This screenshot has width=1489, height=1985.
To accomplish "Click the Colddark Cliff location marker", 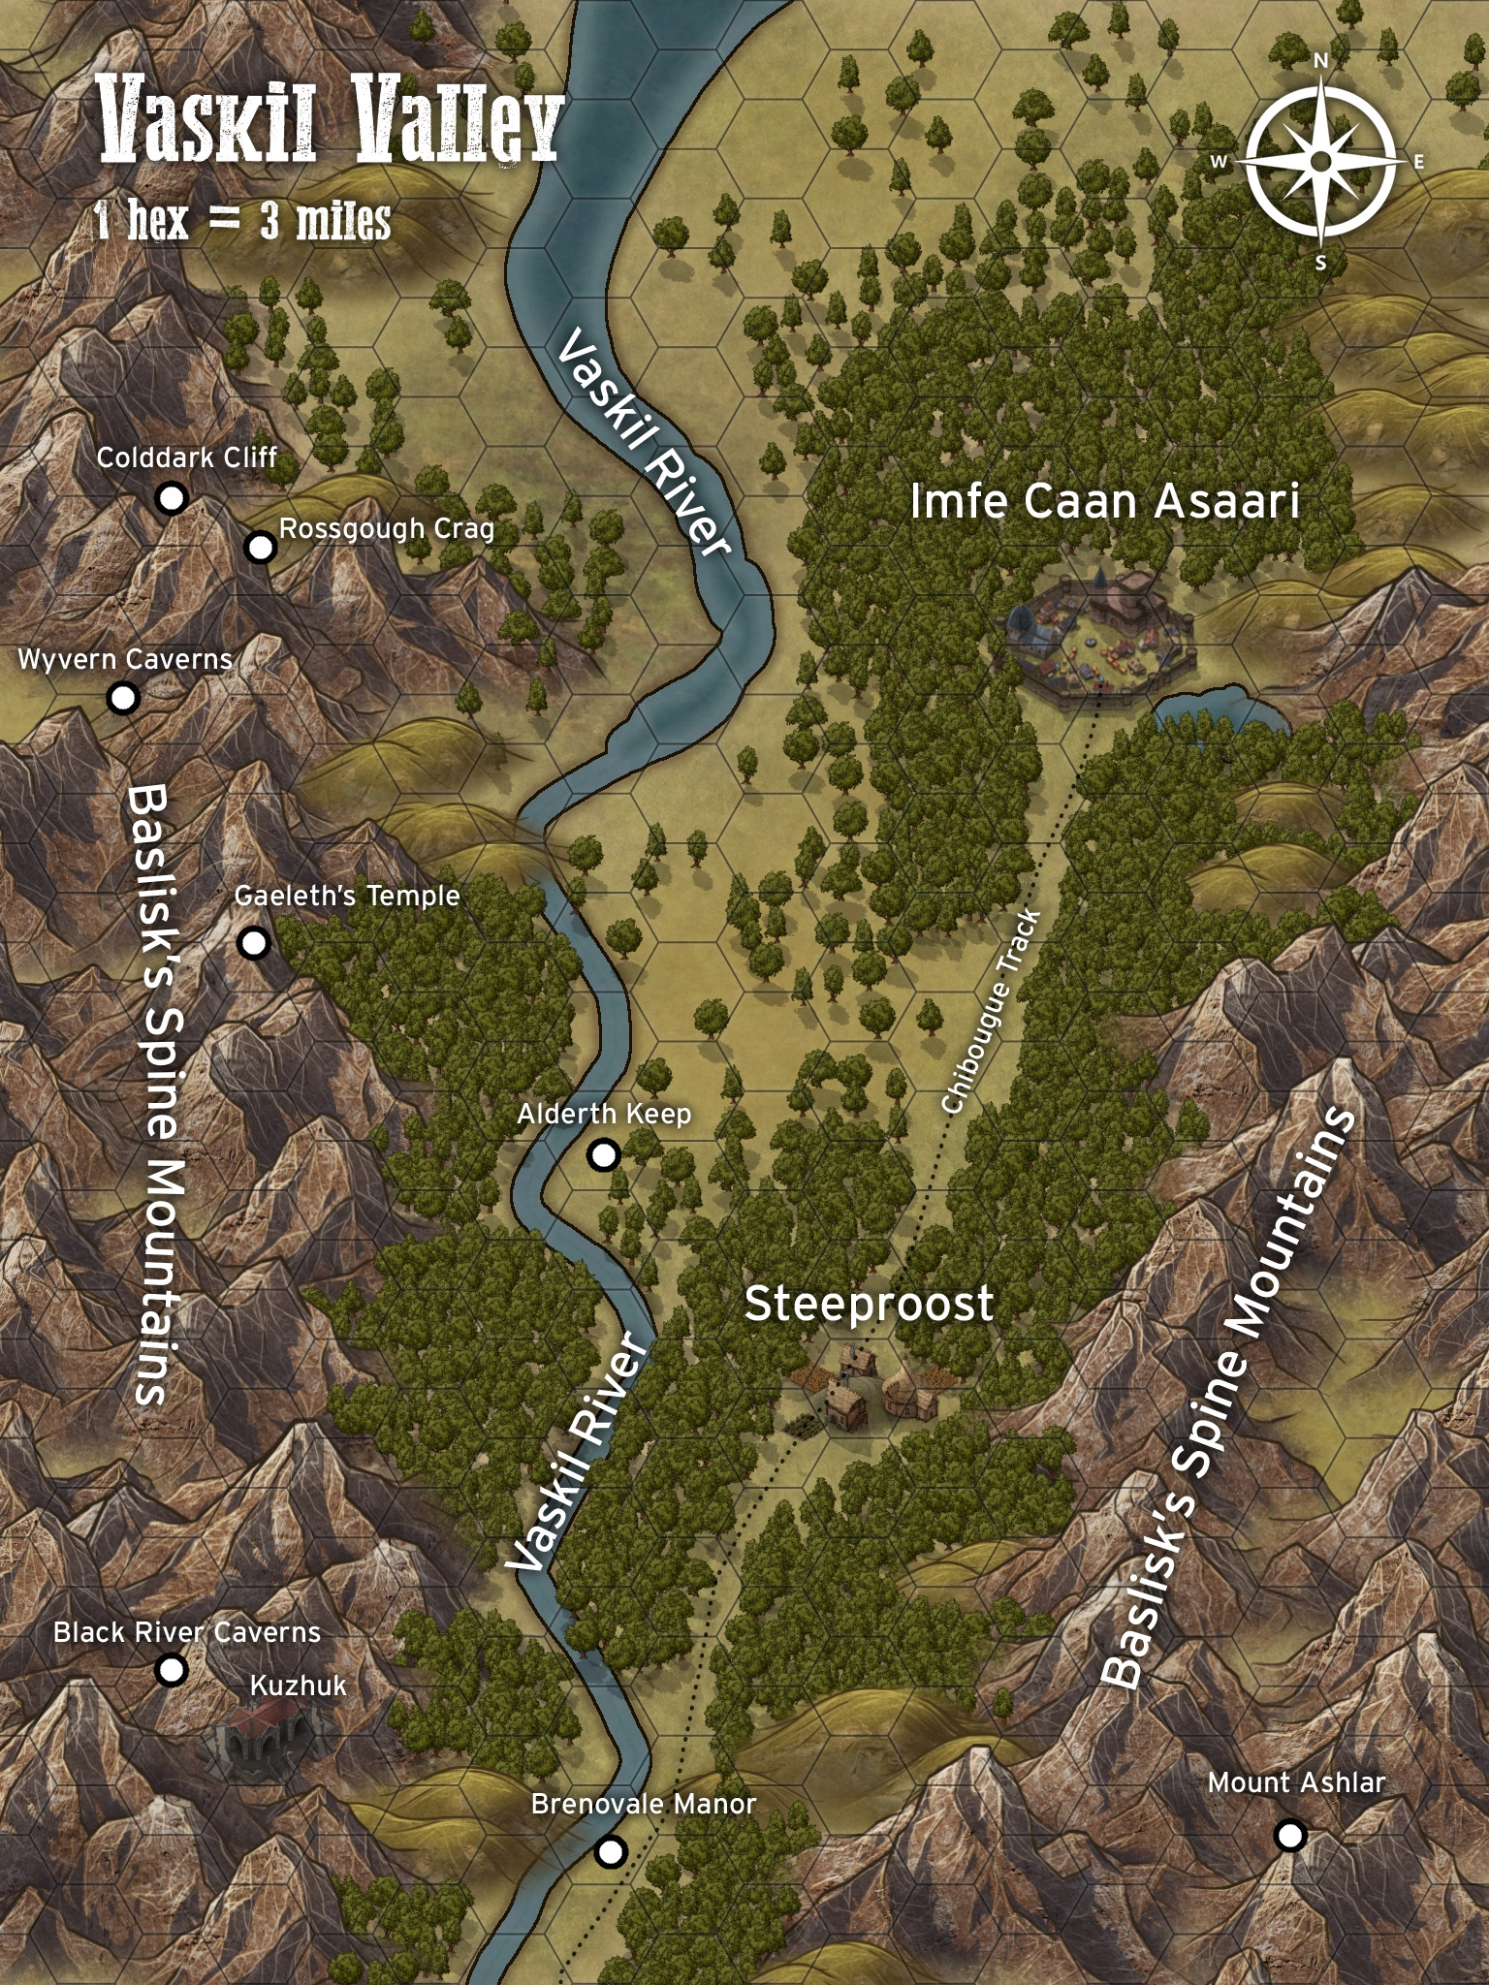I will point(172,498).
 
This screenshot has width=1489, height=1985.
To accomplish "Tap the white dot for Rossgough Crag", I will point(260,547).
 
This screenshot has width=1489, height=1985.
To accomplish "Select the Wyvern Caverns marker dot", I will point(122,697).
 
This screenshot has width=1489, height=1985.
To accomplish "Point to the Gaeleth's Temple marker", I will point(254,942).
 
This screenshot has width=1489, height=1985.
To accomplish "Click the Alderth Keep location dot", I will point(604,1154).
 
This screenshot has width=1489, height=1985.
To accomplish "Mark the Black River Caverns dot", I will point(172,1669).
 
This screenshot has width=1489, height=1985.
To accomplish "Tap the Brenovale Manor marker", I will point(610,1851).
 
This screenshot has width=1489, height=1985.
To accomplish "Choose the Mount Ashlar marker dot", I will point(1290,1835).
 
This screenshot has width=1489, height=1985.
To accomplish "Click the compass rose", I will point(1320,160).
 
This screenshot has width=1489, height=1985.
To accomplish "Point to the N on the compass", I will point(1320,61).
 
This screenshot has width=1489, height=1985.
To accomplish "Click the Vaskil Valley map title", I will point(330,124).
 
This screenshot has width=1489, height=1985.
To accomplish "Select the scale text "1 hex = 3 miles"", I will point(242,221).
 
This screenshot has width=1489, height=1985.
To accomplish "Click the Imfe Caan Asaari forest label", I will point(1104,502).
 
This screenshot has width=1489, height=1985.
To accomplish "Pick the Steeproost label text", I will point(869,1305).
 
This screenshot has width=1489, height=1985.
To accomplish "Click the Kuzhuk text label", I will point(298,1686).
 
